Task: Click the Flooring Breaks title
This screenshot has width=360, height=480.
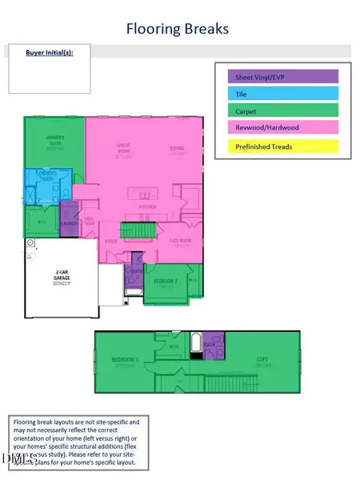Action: pos(178,30)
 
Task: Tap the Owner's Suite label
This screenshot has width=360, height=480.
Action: pos(55,142)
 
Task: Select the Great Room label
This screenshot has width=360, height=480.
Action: pos(122,150)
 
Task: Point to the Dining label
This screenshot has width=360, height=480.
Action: pos(176,149)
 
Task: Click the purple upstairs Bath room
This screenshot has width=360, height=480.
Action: pos(213,345)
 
